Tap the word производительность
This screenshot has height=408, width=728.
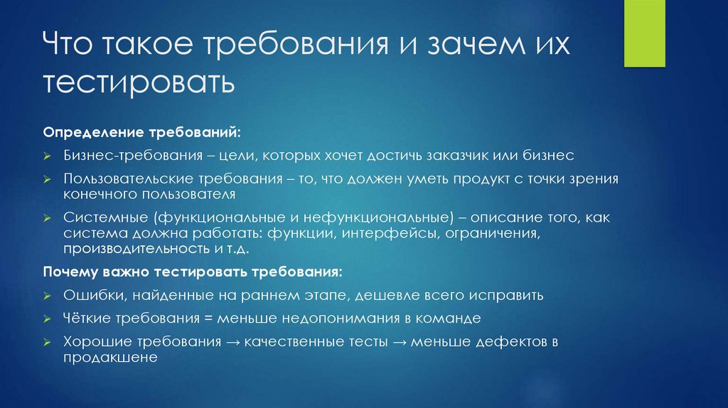tap(135, 250)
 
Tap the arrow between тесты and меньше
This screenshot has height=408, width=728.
tap(399, 342)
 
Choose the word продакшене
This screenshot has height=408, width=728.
tap(110, 359)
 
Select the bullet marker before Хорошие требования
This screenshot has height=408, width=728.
tap(46, 343)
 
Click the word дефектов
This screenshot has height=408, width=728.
tap(501, 342)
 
